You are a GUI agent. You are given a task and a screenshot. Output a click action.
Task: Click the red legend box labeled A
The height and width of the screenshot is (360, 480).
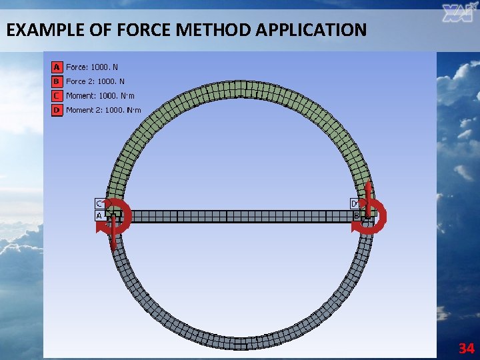(x=57, y=67)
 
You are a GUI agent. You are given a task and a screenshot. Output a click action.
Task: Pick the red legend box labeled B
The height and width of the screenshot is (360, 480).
(x=57, y=81)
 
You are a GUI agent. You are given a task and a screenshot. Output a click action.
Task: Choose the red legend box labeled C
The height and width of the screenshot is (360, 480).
(x=57, y=96)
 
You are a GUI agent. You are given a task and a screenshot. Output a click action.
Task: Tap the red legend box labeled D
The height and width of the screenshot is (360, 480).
(x=57, y=110)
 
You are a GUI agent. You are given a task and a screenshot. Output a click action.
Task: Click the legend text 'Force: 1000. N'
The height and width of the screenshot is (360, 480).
(x=92, y=67)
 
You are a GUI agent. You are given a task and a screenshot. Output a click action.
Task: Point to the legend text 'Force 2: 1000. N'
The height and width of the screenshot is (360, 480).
(x=95, y=81)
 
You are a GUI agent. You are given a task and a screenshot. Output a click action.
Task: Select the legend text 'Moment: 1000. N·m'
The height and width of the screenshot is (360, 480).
(x=100, y=96)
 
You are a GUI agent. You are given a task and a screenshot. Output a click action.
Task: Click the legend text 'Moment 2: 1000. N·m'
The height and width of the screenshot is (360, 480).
(x=103, y=110)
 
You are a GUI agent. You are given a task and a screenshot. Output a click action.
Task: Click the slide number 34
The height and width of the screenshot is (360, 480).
(x=466, y=348)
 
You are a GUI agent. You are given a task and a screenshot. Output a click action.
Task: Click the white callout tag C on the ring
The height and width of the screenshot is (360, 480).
(x=99, y=203)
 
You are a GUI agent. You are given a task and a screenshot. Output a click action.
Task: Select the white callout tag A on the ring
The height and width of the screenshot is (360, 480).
(x=99, y=216)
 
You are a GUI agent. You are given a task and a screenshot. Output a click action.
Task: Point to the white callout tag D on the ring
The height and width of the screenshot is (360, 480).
(x=355, y=203)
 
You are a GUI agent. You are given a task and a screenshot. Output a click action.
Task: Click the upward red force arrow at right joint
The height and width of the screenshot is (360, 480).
(x=368, y=197)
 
